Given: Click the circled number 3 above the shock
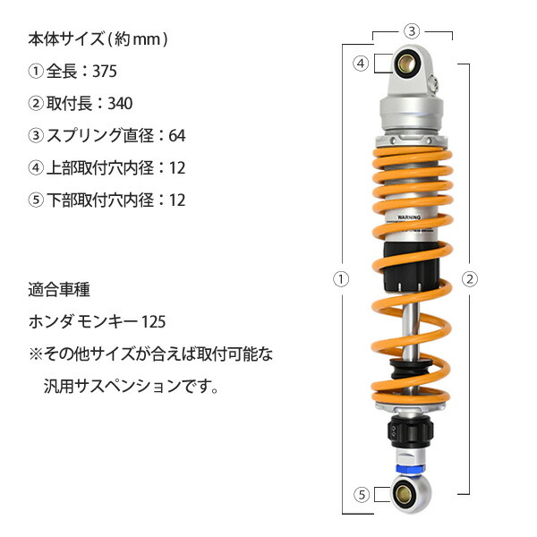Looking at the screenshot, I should point(411,30).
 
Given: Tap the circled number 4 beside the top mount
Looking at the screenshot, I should point(361,64).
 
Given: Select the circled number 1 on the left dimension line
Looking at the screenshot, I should point(340,278).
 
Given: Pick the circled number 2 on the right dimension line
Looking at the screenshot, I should point(467,278).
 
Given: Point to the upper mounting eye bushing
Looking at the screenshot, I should point(411,64).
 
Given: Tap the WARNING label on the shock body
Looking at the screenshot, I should point(412,217).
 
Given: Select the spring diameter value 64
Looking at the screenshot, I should point(177,136).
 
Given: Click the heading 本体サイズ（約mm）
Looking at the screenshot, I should point(98,39).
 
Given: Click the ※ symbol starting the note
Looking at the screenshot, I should point(36,355).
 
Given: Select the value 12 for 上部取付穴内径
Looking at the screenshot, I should point(177,168).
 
